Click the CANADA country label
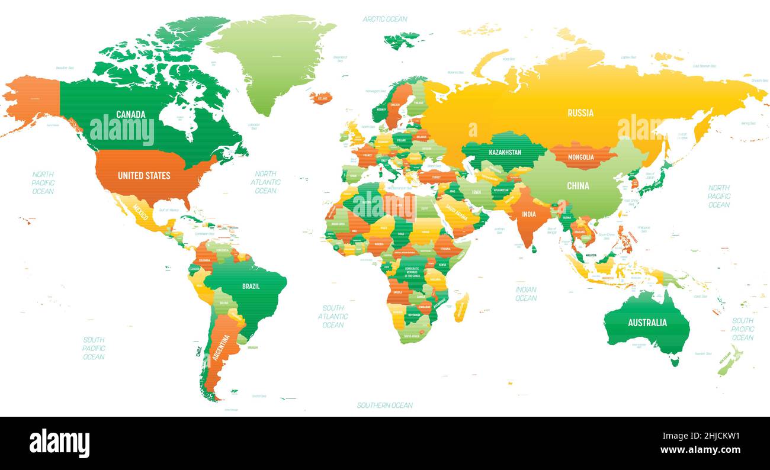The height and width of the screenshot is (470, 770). tap(131, 114)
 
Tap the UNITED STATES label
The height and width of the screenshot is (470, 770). tap(144, 175)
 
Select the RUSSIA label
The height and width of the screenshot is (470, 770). tap(580, 112)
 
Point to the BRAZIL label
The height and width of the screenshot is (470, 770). tap(251, 286)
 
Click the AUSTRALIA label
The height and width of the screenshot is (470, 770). tap(647, 323)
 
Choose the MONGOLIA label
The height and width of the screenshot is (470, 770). tap(580, 157)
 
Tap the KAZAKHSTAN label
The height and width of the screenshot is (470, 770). tap(505, 152)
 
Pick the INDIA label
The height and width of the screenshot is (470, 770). tap(528, 214)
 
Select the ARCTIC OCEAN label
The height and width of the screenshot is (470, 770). tap(385, 19)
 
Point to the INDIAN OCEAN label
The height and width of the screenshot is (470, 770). tap(525, 294)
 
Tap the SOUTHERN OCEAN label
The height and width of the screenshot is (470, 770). tap(384, 405)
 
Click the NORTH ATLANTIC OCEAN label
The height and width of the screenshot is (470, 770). tap(265, 182)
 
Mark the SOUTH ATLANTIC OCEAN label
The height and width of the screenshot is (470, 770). tap(333, 316)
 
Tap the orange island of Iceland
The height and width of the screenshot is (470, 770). tap(320, 98)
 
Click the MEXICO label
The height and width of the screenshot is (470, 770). tap(140, 211)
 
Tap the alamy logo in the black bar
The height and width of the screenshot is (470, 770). tap(59, 443)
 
